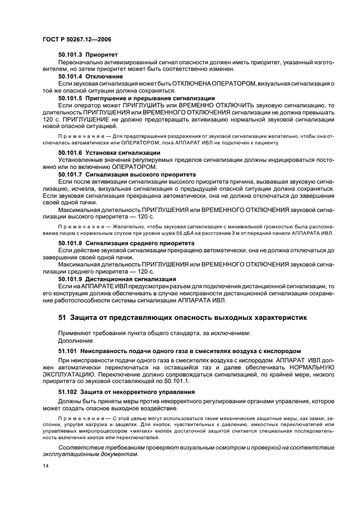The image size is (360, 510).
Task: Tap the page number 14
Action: point(45,466)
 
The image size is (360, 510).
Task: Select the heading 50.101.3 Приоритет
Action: point(88,55)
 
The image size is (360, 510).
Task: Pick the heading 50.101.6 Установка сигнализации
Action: point(109,152)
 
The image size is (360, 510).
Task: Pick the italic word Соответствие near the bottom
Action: point(79,446)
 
